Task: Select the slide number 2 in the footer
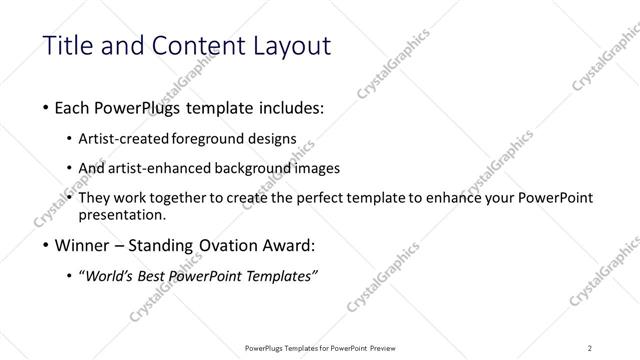click(589, 347)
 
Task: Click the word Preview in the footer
click(384, 347)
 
